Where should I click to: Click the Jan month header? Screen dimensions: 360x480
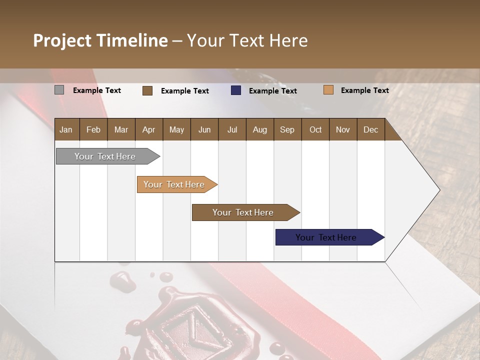66,129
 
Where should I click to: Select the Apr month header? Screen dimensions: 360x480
149,129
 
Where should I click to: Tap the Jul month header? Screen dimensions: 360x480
232,129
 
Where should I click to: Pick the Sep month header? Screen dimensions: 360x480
287,129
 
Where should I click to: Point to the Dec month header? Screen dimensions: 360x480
370,129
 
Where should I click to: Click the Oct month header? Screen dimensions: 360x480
315,129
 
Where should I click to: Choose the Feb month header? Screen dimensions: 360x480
93,129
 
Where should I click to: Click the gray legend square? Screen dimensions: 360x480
59,90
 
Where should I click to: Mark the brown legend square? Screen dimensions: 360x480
147,90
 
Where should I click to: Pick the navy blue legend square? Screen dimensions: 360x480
236,90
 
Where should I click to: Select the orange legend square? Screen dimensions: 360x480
328,90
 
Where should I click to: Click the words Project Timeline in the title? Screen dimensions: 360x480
100,40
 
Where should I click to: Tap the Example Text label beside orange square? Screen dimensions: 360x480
364,90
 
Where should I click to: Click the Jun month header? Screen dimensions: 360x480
204,129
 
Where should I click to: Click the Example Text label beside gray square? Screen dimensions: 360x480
97,90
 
